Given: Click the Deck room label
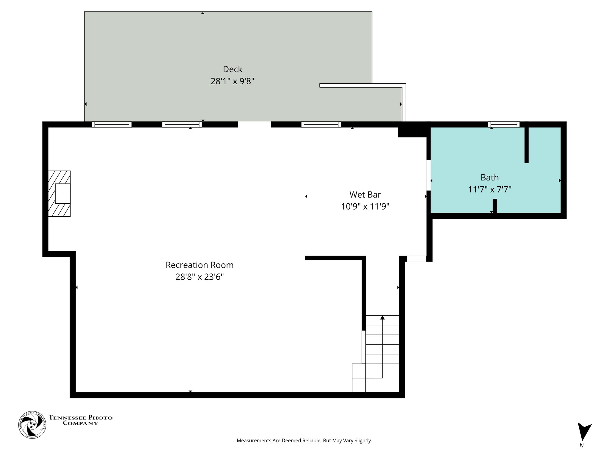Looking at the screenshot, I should (x=233, y=69).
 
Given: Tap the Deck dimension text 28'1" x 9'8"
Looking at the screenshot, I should (x=233, y=81).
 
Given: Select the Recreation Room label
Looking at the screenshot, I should (x=200, y=265).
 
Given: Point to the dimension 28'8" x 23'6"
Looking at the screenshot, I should (x=200, y=277).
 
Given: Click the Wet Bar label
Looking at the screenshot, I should (x=365, y=194).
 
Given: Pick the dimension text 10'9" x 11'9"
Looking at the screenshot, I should (x=365, y=206).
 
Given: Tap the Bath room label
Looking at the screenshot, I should (x=489, y=178).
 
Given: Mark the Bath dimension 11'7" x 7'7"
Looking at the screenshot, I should (x=489, y=189).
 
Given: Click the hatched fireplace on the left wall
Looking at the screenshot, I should (x=59, y=194).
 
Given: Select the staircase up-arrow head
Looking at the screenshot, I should (x=382, y=318).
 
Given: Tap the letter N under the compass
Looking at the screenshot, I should (x=581, y=445).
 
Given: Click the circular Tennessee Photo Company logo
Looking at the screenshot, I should (x=32, y=425).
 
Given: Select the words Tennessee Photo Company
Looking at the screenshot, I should (x=81, y=420).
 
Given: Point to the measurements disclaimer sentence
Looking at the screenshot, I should (x=304, y=441).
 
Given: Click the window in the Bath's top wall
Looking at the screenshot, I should (x=503, y=124).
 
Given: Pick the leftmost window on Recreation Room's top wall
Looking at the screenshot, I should (x=112, y=124).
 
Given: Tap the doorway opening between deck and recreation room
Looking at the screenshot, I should (x=255, y=124).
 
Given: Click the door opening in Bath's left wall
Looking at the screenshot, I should (x=429, y=175).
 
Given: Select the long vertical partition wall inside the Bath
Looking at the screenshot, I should (x=526, y=145).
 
